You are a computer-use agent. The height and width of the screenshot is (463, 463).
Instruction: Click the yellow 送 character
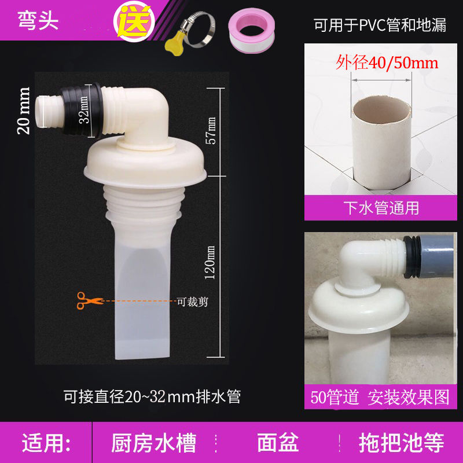point(137,23)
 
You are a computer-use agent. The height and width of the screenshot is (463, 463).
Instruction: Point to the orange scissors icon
point(87,300)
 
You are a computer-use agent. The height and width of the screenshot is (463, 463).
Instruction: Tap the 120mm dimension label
point(211,261)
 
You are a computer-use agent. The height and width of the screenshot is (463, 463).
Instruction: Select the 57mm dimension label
point(211,131)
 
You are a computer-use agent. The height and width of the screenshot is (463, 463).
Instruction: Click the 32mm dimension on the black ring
point(84,111)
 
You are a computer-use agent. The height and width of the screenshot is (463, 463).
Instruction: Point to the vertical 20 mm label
point(24,111)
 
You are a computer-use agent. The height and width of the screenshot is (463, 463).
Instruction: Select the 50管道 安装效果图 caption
point(380,397)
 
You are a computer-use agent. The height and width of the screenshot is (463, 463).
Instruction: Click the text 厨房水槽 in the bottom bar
point(153,443)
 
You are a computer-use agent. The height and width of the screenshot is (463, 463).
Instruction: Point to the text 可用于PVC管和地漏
point(380,25)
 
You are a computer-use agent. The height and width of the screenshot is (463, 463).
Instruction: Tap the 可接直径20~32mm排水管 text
point(152,397)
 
